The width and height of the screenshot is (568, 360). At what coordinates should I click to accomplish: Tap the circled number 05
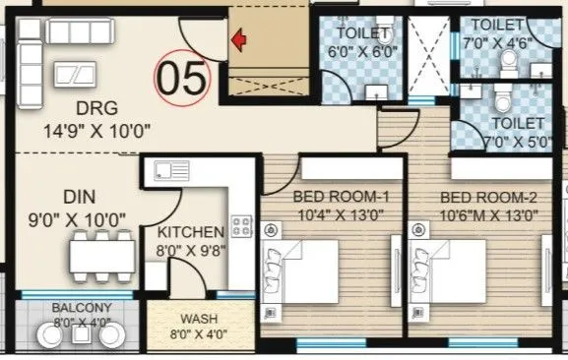(x=184, y=78)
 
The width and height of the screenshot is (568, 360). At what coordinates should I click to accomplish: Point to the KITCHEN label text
(x=191, y=232)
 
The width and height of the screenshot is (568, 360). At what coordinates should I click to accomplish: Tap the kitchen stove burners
(x=240, y=230)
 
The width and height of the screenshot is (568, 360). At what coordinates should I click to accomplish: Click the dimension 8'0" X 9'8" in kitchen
(x=191, y=249)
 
